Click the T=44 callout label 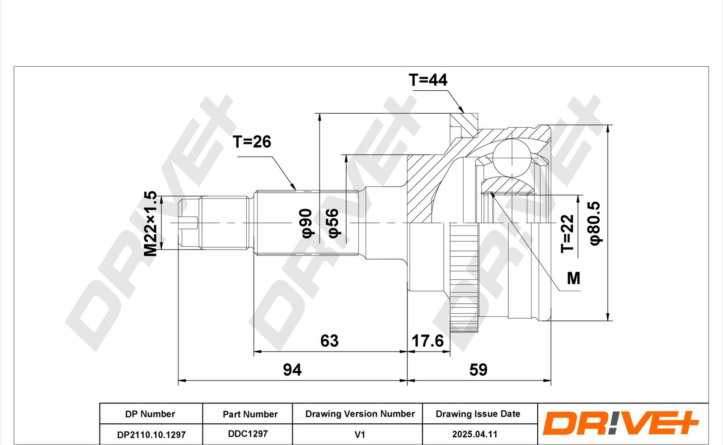point(428,80)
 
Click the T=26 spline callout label point(252,142)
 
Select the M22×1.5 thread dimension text point(150,223)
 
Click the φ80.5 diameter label point(595,223)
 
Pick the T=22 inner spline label point(567,234)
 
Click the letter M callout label point(573,278)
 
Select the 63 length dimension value point(329,341)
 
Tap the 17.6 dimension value point(427,341)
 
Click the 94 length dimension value point(292,370)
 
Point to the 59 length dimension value point(478,370)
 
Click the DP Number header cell point(151,413)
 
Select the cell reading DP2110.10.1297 point(151,434)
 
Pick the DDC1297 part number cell point(248,434)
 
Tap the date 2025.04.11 point(474,434)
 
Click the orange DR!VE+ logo point(620,423)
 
